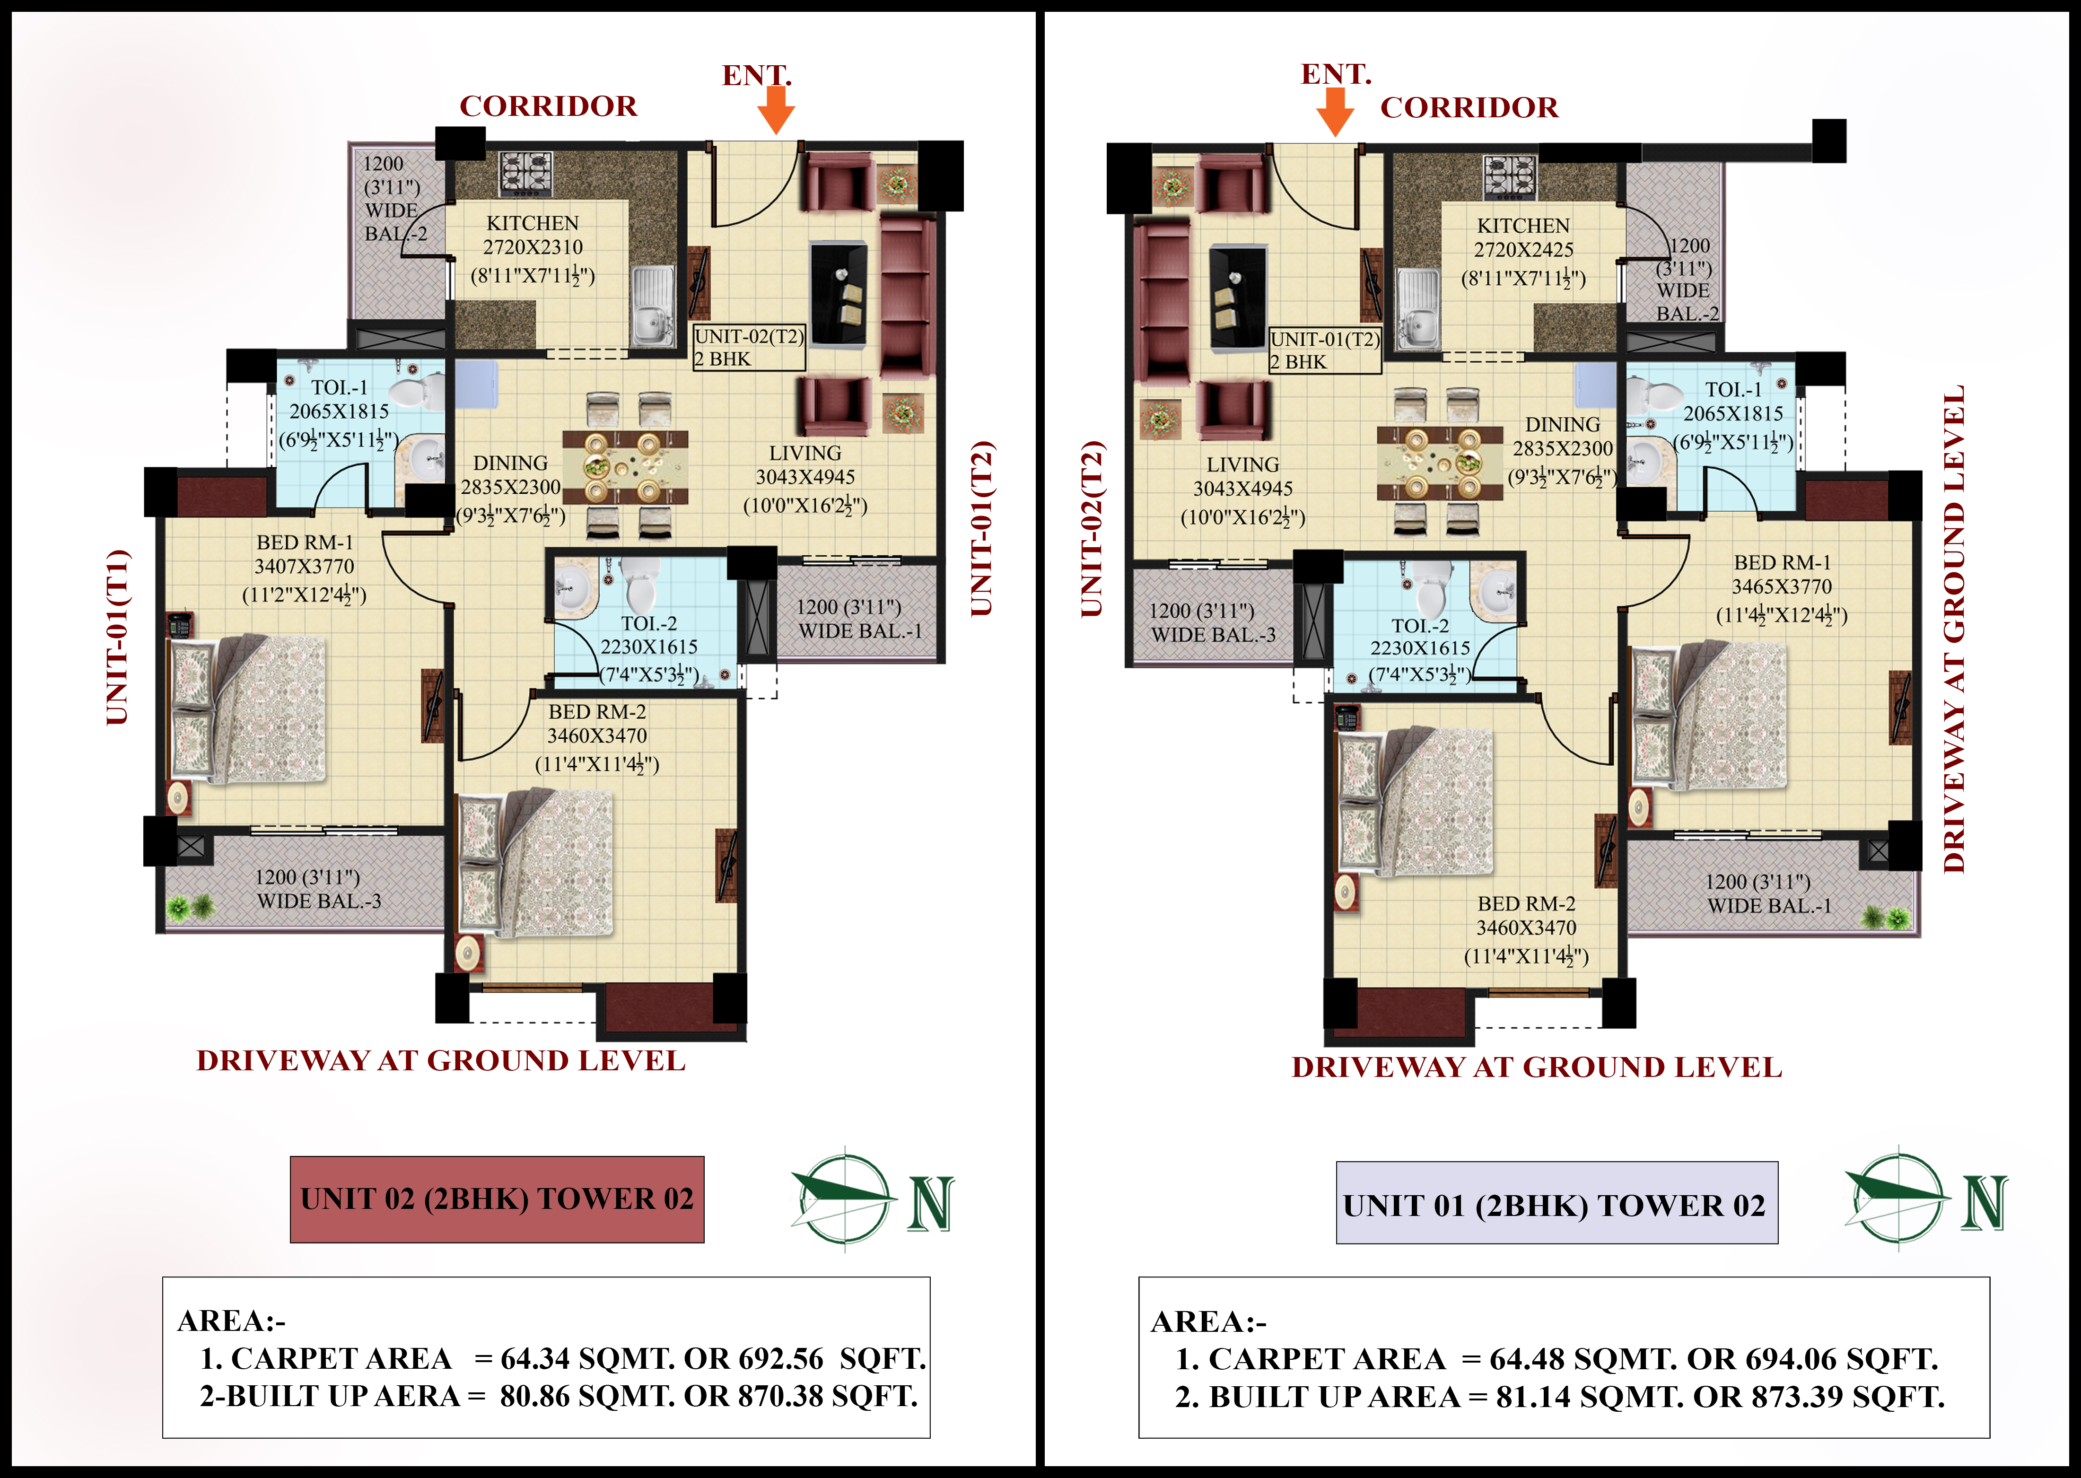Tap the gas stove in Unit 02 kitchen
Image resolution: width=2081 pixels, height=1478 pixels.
pyautogui.click(x=525, y=173)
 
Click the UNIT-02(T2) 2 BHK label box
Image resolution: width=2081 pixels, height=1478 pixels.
pyautogui.click(x=749, y=348)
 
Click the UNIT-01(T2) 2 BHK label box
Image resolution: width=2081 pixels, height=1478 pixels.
pyautogui.click(x=1325, y=350)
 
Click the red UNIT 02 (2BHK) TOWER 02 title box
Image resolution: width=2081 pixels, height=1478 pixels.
pyautogui.click(x=497, y=1199)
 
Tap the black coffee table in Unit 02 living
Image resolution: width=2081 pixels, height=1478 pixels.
pyautogui.click(x=838, y=293)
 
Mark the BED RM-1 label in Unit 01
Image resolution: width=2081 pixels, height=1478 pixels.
pyautogui.click(x=1782, y=562)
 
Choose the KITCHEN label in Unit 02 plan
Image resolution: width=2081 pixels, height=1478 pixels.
pyautogui.click(x=532, y=223)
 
